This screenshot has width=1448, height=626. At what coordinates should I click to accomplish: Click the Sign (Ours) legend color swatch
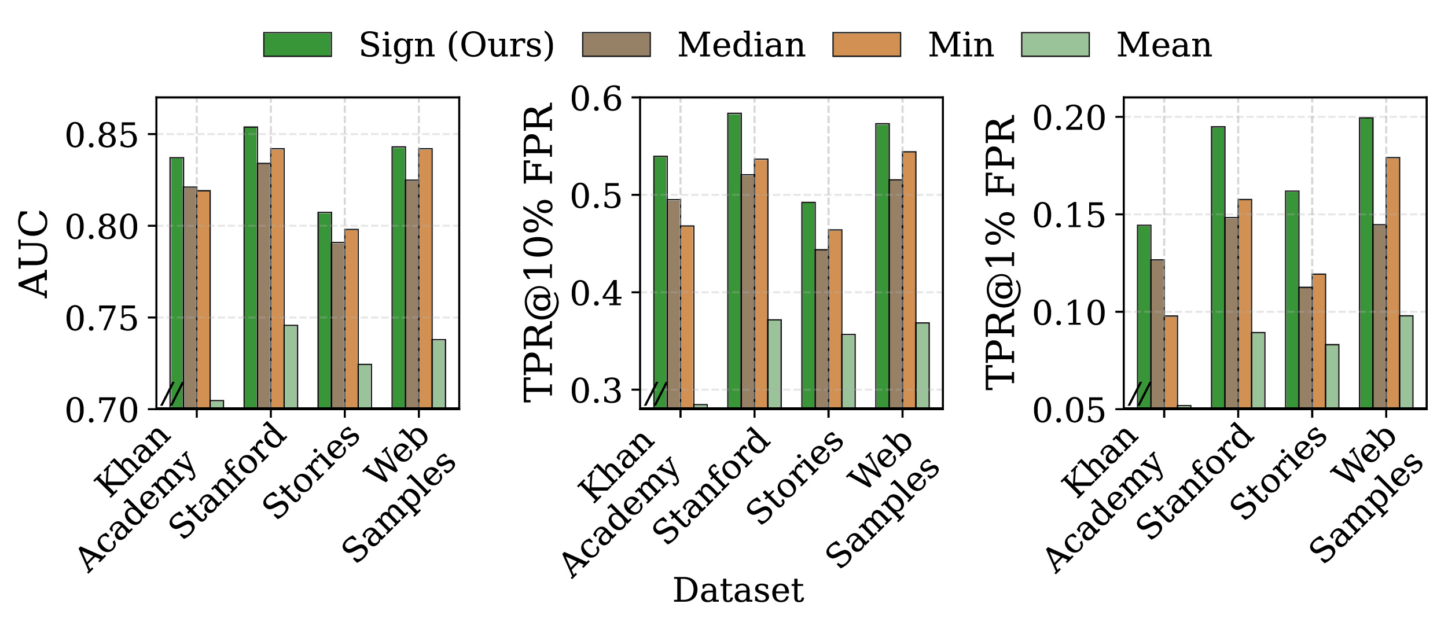297,45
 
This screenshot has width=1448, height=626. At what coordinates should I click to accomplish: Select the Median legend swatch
616,45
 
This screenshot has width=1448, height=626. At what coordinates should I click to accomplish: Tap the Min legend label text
961,45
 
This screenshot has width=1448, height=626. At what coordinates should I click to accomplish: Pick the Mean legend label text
1164,45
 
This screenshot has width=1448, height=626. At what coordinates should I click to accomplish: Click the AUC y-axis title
34,253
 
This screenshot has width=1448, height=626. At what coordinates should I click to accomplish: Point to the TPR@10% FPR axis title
538,253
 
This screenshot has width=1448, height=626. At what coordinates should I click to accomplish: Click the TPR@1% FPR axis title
1000,253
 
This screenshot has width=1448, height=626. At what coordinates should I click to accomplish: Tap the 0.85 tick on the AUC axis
102,135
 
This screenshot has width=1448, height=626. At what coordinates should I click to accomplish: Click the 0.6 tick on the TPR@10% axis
596,98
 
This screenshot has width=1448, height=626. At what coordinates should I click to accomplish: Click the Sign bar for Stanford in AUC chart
251,266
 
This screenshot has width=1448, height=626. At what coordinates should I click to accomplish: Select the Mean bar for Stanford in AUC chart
291,367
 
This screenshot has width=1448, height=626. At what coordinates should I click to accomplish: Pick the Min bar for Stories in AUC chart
351,318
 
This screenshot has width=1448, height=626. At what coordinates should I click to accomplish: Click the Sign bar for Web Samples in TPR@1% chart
1366,263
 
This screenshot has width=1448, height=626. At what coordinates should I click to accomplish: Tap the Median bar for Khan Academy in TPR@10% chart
674,304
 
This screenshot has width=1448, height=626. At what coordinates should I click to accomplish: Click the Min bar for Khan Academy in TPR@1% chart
1171,362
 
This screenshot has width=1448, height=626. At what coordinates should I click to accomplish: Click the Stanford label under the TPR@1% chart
1195,480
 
